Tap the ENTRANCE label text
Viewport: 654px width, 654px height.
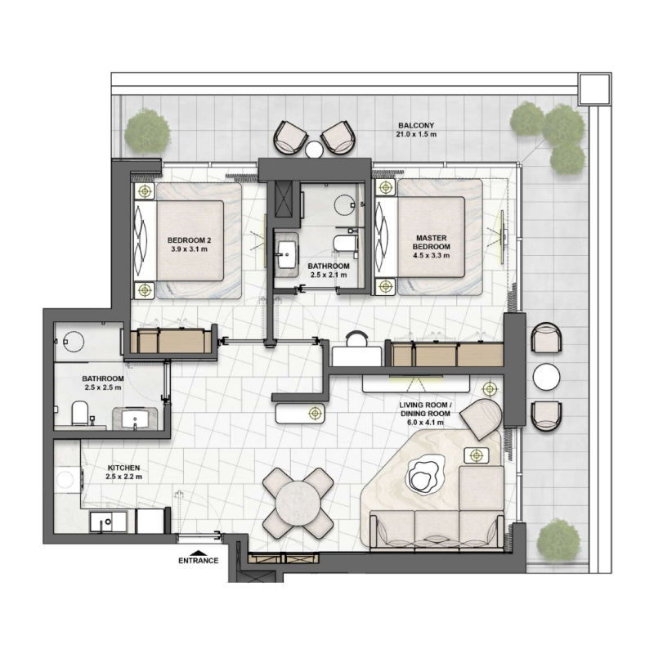[198, 561]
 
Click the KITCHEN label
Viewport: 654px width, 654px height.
[123, 468]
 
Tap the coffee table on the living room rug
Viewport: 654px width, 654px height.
[423, 476]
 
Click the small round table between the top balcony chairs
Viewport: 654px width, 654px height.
[313, 148]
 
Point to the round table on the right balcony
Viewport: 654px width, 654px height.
[546, 377]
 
